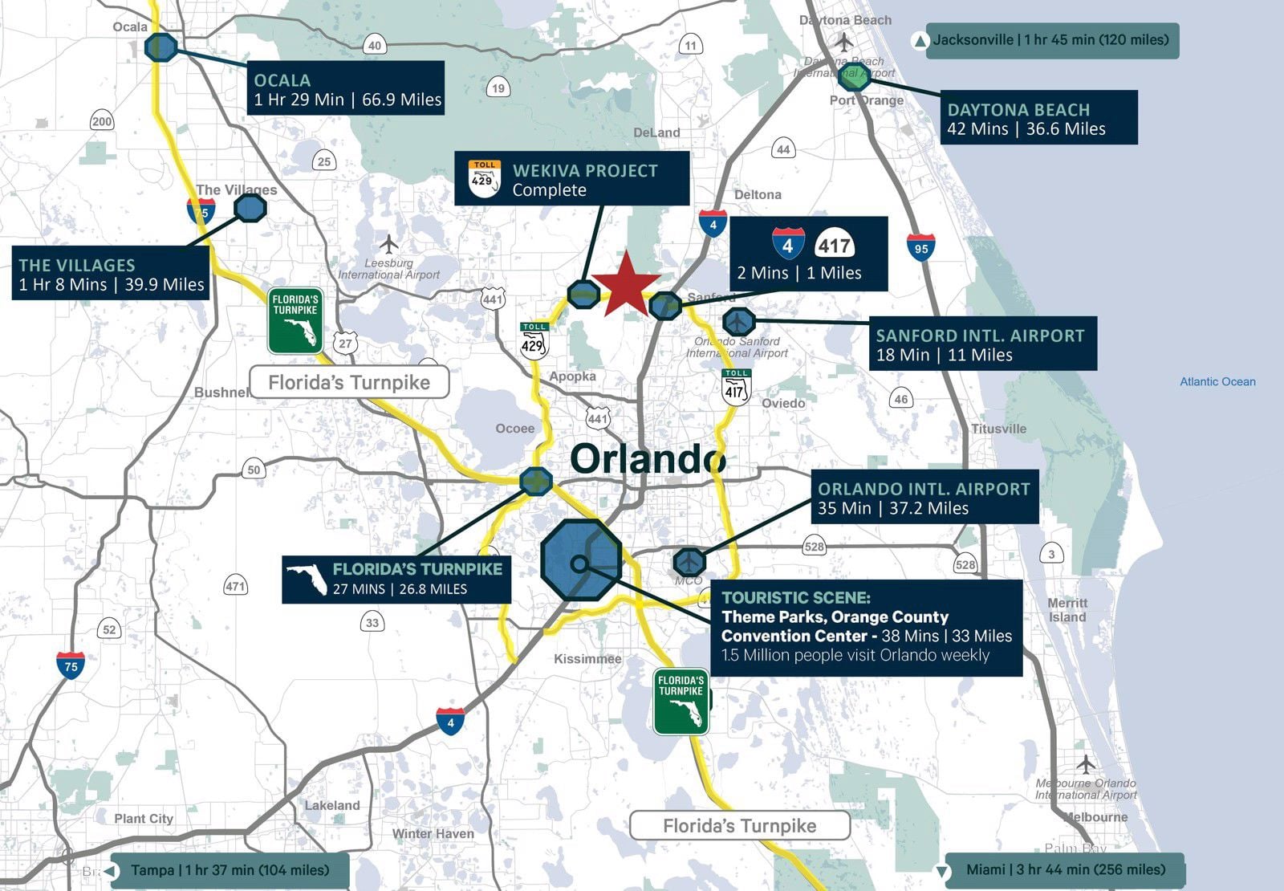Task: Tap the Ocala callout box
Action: tap(345, 88)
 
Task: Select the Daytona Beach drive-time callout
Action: tap(1038, 118)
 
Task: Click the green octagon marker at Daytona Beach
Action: tap(854, 78)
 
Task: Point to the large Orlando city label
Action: tap(648, 458)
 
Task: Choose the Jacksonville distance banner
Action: tap(1051, 40)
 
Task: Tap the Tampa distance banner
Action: tap(229, 870)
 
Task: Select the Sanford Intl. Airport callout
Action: tap(981, 344)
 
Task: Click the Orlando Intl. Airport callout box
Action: tap(924, 498)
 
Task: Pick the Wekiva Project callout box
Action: tap(571, 179)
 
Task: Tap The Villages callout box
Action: tap(111, 274)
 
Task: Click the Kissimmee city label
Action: tap(587, 659)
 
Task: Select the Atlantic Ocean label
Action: tap(1217, 382)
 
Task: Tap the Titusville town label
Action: tap(998, 429)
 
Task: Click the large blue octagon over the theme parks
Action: tap(581, 560)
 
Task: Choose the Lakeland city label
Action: tap(331, 805)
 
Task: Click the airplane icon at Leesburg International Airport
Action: tap(389, 243)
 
